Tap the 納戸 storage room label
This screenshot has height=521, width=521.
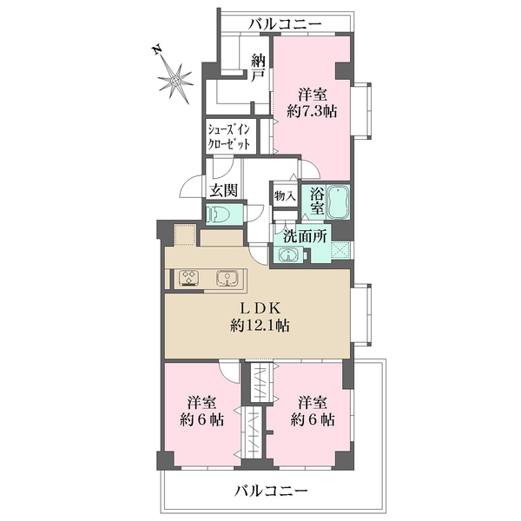258,69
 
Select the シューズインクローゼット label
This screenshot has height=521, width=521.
229,136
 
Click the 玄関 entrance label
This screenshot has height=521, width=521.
224,191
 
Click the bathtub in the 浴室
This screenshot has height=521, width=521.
338,201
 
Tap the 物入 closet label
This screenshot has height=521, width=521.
285,196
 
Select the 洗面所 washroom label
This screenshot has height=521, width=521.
305,236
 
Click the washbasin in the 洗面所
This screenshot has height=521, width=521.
288,255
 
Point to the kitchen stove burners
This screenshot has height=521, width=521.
189,279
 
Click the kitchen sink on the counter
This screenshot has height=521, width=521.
227,279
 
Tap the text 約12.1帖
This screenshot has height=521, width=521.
260,326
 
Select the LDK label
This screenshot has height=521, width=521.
260,308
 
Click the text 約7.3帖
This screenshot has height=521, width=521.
312,111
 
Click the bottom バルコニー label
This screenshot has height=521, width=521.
271,491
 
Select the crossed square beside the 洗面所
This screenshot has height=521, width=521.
340,249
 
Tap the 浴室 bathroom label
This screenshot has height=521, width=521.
317,201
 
